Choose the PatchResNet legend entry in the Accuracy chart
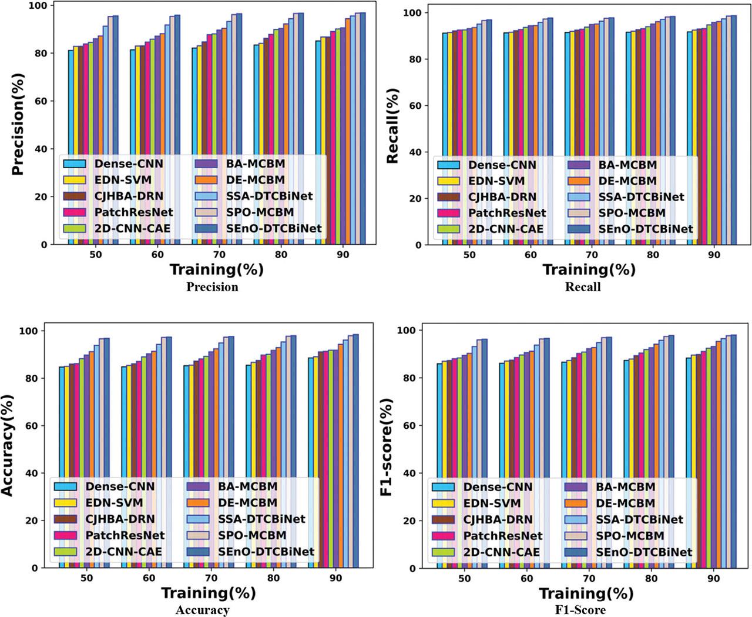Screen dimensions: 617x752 click(125, 535)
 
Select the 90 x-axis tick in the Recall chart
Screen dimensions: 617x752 click(714, 255)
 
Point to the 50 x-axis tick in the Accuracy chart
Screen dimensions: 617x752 click(86, 578)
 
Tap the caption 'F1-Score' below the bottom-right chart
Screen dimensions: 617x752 click(582, 610)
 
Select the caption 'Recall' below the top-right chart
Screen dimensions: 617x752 click(583, 287)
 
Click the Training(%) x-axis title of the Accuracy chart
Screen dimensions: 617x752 click(209, 593)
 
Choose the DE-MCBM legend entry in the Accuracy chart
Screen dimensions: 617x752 click(247, 503)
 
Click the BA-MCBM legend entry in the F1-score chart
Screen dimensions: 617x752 click(625, 487)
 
